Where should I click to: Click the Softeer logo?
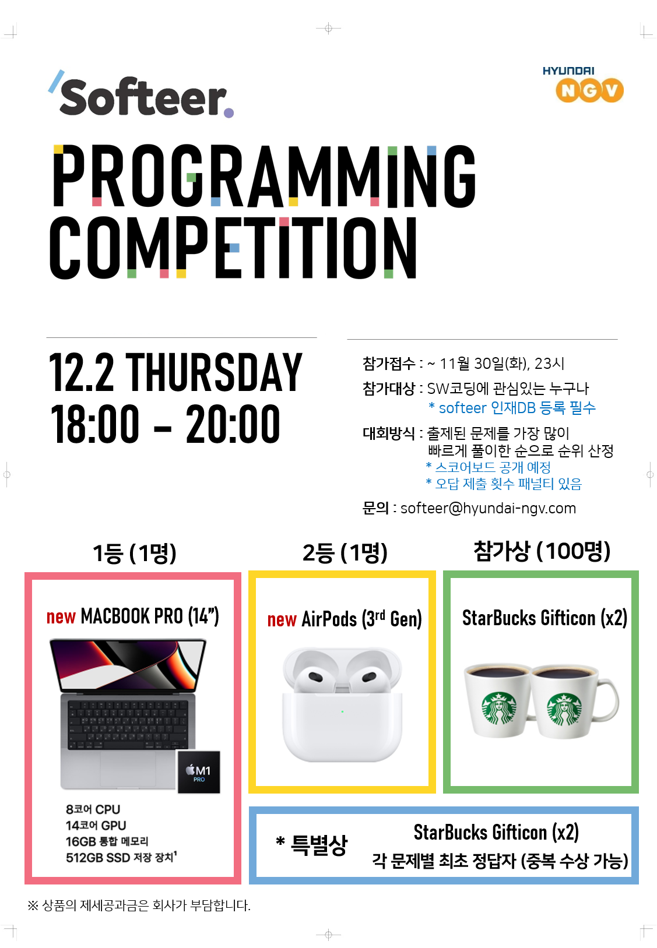tap(141, 94)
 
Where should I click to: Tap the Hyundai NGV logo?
tap(583, 84)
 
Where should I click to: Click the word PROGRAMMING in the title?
tap(264, 177)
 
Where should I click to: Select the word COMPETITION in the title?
tap(233, 248)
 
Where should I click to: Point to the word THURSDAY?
tap(214, 372)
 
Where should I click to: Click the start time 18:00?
tap(94, 424)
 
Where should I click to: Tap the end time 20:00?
tap(233, 424)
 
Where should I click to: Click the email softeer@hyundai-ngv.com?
tap(488, 508)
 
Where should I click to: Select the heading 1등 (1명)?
tap(134, 553)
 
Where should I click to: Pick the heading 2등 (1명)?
tap(345, 553)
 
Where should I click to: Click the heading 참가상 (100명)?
tap(542, 551)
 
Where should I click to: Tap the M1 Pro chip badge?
tap(199, 772)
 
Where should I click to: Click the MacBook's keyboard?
tap(128, 724)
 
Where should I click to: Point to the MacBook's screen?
tap(128, 664)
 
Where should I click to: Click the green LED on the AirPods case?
tap(342, 711)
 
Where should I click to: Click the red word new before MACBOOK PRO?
tap(61, 617)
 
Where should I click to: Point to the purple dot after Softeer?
tap(229, 112)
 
